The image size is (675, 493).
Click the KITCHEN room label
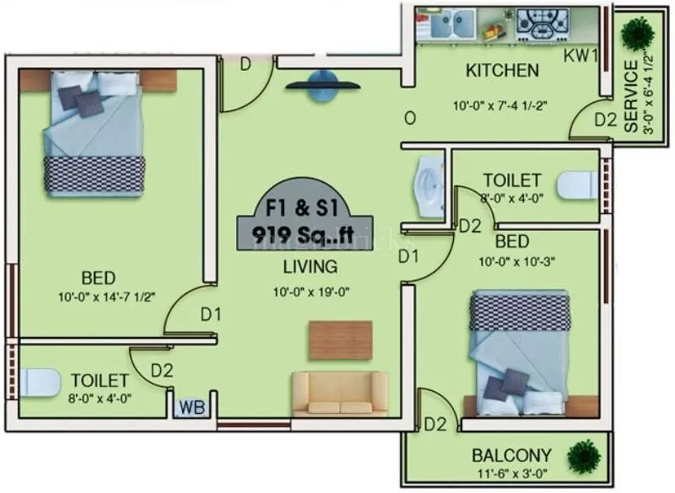point(502,70)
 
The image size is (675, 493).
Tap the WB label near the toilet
point(192,408)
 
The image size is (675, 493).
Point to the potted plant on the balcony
point(584,456)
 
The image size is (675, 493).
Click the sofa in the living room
point(340,394)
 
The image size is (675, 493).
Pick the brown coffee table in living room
point(340,340)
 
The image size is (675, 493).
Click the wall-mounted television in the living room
point(323,85)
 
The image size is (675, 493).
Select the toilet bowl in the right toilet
point(579,185)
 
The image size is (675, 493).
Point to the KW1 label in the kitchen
point(581,56)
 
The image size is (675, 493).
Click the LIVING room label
point(310,267)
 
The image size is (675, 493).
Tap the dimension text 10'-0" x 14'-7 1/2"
point(111,296)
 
